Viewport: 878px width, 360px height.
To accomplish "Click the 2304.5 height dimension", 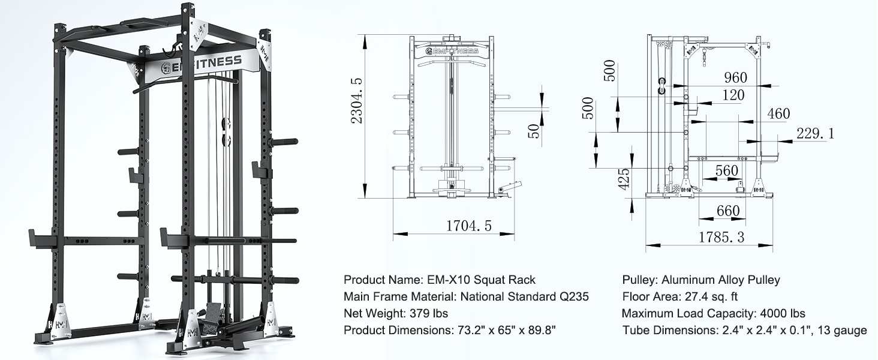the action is coord(356,101).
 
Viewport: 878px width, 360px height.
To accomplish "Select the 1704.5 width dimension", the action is coord(469,226).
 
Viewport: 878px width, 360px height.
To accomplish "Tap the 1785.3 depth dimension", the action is coord(721,237).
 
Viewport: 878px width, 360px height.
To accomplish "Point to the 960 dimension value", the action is coord(736,77).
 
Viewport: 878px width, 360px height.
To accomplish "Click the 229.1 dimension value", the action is coord(815,133).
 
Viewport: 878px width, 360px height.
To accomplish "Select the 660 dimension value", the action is coord(728,211).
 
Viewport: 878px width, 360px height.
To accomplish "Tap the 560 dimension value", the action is coord(727,170).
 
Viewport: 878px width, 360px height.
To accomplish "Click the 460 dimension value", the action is coord(778,113).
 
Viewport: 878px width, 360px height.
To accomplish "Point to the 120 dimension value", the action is coord(733,95).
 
